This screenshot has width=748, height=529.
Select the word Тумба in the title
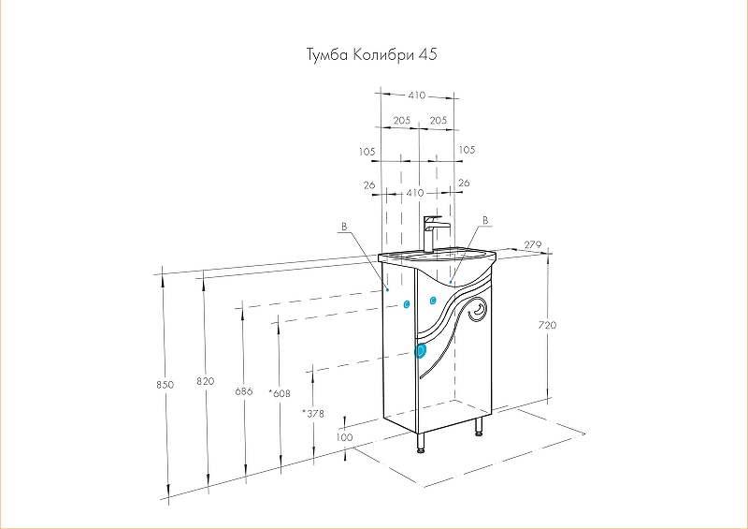click(x=328, y=55)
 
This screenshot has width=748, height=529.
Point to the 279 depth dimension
click(x=533, y=244)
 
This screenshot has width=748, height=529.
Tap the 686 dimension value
click(x=244, y=390)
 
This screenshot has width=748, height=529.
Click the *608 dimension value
click(x=278, y=393)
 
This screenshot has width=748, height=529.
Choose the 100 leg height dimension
click(x=345, y=437)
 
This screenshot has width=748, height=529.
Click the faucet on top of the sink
click(x=433, y=233)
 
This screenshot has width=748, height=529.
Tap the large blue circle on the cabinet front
click(x=421, y=351)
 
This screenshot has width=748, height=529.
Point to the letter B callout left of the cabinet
click(x=344, y=228)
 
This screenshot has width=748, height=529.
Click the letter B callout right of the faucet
click(x=484, y=220)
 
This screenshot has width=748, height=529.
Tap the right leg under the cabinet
click(x=479, y=428)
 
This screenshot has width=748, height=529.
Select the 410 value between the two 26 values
click(x=416, y=192)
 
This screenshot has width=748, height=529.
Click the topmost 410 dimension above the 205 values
click(x=416, y=96)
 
